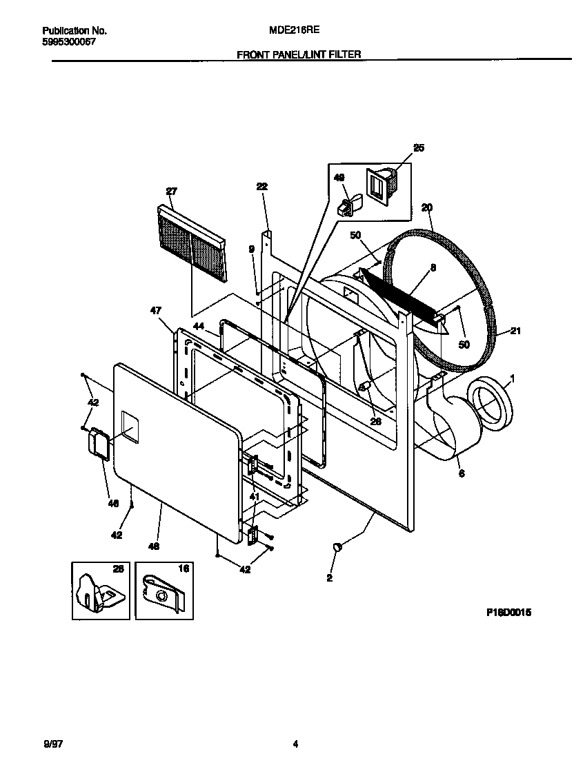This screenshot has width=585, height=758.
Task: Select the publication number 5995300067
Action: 69,42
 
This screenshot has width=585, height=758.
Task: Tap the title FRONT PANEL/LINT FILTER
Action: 299,54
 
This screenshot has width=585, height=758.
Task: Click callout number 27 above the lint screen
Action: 172,191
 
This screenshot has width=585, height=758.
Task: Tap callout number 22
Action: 261,187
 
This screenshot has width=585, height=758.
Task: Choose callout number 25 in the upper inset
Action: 419,147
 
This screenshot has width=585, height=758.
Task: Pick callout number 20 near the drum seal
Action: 426,207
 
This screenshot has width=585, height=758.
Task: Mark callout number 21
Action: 515,331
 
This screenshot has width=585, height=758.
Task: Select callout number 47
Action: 155,311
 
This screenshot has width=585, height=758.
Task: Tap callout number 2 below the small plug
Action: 329,578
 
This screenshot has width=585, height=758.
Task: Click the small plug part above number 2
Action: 337,546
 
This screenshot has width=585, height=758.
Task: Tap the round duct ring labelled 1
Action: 491,408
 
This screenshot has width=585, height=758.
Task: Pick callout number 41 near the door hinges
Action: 255,497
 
